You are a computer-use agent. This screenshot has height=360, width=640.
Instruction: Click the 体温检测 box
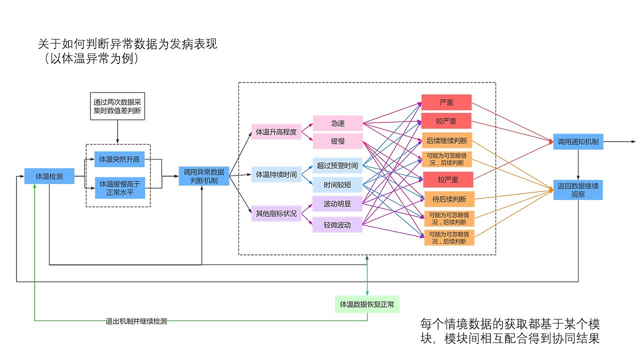(49, 176)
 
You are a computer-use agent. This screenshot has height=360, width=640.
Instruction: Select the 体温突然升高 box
(119, 159)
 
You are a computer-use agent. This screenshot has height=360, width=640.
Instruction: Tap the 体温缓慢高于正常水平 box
(119, 188)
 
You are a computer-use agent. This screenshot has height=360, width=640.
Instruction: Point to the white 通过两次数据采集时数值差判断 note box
(117, 106)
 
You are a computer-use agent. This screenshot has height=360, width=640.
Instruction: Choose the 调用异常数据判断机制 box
(204, 176)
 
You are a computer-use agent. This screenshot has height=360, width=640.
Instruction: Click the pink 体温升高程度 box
(276, 132)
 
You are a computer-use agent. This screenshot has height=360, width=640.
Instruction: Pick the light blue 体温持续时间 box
(276, 174)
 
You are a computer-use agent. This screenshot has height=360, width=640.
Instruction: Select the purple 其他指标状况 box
(276, 213)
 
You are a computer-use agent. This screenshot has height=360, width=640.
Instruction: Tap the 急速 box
(337, 123)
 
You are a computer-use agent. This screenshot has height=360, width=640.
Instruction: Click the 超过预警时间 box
(337, 165)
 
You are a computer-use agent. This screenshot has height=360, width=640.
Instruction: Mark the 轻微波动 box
(337, 225)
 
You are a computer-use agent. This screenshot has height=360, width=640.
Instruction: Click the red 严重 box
(446, 102)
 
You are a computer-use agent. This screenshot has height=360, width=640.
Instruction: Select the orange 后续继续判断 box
(446, 140)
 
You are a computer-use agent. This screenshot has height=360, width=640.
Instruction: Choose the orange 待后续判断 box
(449, 199)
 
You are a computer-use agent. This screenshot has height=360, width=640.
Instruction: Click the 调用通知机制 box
(578, 141)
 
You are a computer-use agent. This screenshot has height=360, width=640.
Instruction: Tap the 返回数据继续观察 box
(578, 189)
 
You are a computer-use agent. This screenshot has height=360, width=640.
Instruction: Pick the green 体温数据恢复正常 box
(367, 304)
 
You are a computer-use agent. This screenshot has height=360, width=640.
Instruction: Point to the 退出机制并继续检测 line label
(136, 321)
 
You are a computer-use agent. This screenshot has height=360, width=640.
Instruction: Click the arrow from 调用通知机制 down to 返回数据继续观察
(578, 164)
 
